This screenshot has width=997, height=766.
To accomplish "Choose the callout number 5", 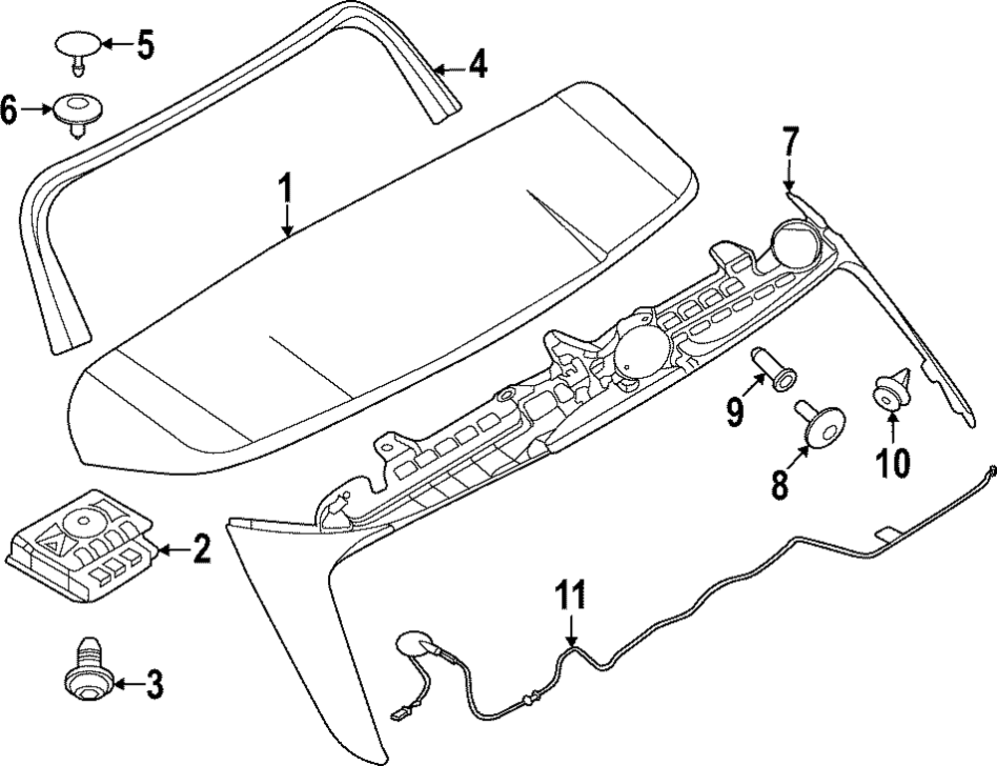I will point(146,45).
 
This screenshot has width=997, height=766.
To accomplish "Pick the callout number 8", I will point(779,486).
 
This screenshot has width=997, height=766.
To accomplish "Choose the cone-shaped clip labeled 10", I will point(889,390).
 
